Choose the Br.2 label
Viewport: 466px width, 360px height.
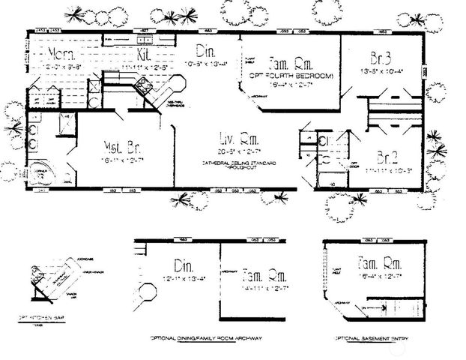(387, 157)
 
